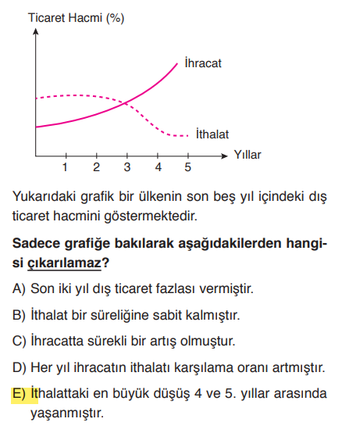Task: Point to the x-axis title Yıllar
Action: click(248, 155)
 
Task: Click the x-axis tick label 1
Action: click(66, 167)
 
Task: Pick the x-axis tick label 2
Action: click(96, 167)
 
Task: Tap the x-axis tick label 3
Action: click(127, 167)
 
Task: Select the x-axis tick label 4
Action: click(158, 167)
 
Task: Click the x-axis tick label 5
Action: click(188, 167)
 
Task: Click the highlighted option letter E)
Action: click(20, 393)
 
